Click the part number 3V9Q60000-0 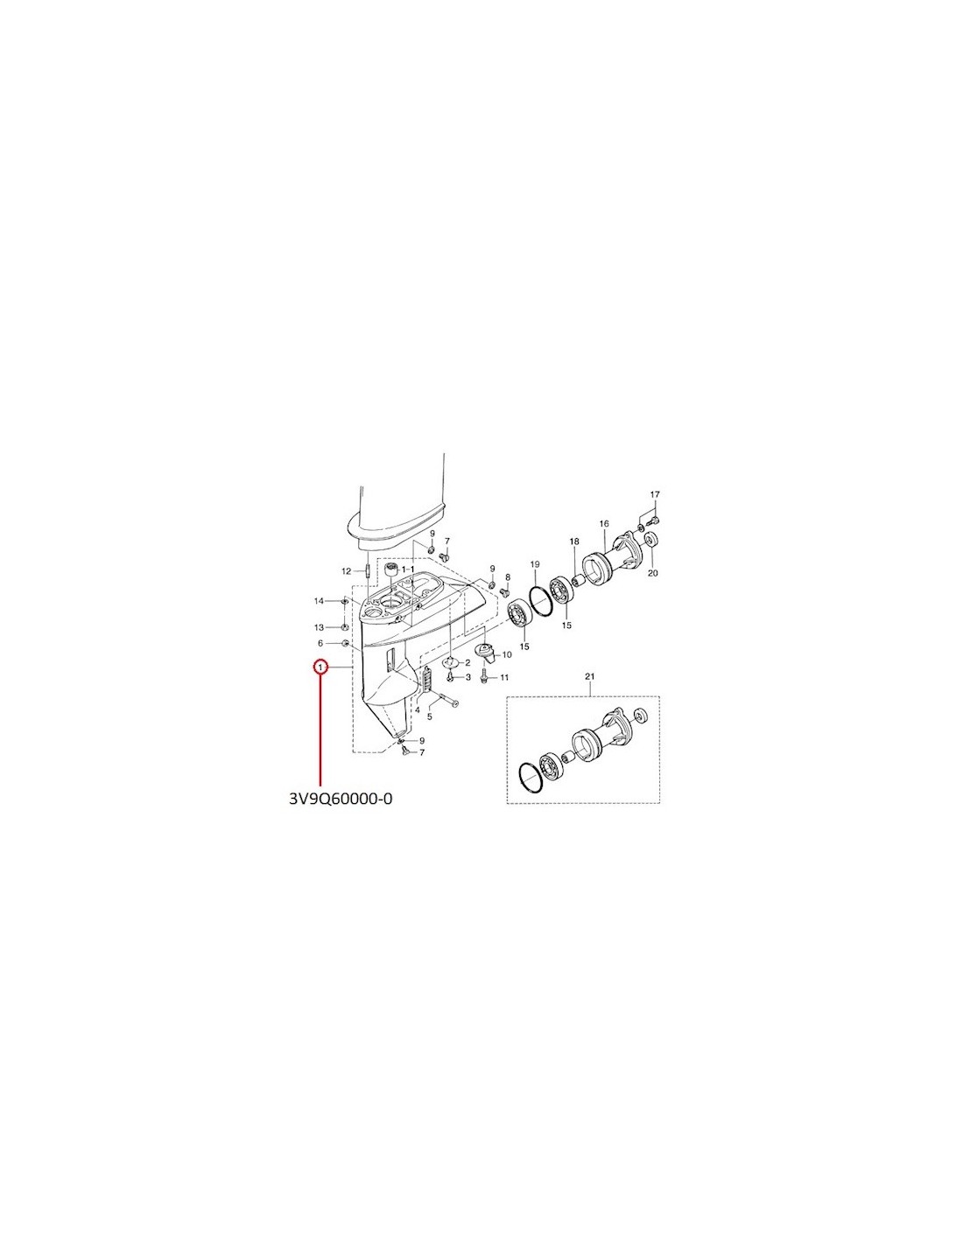pos(341,799)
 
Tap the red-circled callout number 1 pos(320,667)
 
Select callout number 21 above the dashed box pos(590,676)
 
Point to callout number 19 pos(535,564)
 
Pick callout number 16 pos(604,523)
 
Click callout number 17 pos(655,494)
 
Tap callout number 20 pos(653,572)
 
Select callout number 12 pos(346,571)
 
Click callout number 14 pos(319,600)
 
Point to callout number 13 pos(319,627)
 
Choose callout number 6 pos(320,644)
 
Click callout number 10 pos(507,654)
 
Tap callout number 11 pos(504,678)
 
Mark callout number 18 pos(574,541)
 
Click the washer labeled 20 pos(650,539)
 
